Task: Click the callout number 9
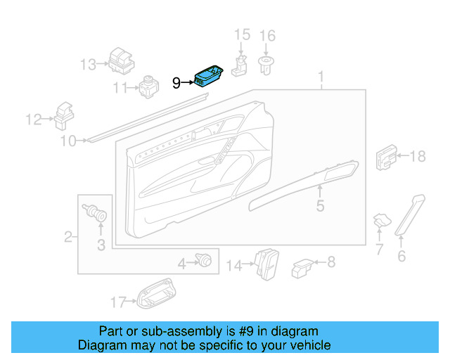click(x=176, y=84)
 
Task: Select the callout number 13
click(x=88, y=65)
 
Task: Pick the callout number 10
click(x=67, y=142)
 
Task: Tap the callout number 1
click(x=321, y=76)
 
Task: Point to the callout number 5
click(x=320, y=206)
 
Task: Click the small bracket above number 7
click(x=380, y=220)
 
